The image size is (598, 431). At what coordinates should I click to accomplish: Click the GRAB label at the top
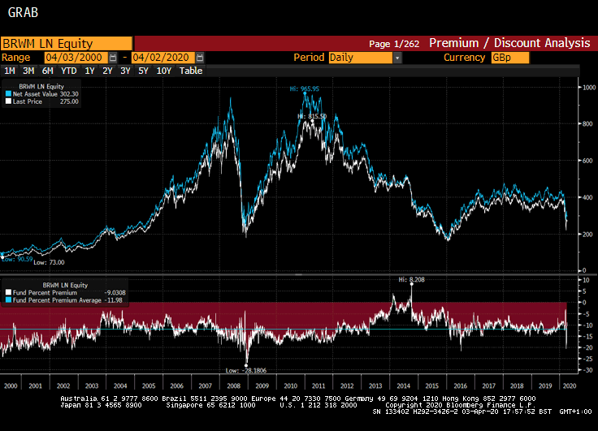coord(22,13)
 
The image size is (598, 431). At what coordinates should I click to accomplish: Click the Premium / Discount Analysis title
coord(509,43)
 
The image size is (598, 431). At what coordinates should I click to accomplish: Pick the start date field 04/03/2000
coord(75,58)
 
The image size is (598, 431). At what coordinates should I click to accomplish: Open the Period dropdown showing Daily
coord(364,58)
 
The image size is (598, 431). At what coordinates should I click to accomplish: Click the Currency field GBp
coord(509,58)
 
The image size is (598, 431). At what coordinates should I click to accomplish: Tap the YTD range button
coord(69,71)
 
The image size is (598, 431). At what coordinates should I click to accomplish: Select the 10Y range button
coord(163,71)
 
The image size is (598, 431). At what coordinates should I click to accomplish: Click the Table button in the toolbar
coord(191,71)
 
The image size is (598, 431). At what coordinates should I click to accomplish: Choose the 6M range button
coord(48,71)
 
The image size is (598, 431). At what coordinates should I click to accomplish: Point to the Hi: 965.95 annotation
coord(305,88)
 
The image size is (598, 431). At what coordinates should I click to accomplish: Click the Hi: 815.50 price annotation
coord(312,117)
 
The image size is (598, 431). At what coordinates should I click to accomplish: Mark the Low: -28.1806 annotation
coord(245,369)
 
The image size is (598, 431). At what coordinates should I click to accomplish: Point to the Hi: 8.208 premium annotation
coord(412,279)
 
